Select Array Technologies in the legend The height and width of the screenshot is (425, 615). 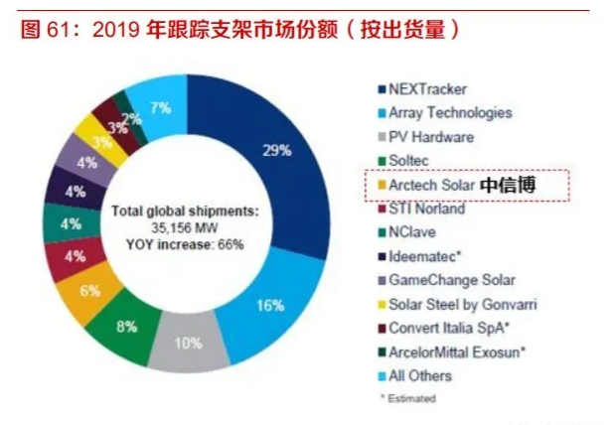(450, 113)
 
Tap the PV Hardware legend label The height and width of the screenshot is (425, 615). (430, 137)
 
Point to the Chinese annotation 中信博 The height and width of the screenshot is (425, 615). (508, 186)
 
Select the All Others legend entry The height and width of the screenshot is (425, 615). (420, 376)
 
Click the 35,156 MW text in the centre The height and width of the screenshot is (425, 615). (185, 227)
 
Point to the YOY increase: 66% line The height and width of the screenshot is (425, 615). (185, 242)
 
